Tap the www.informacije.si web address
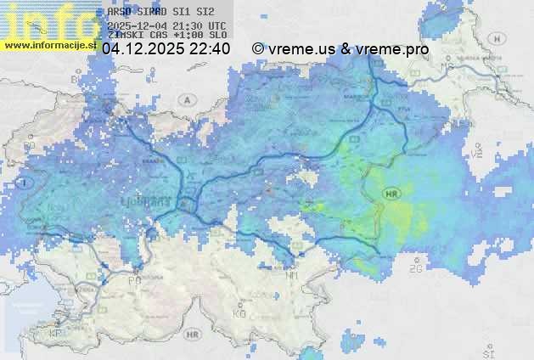[x=48, y=45]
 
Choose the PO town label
[x=134, y=279]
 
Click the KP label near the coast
[x=56, y=334]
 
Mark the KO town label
[x=239, y=313]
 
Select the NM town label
[x=293, y=276]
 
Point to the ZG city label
[x=416, y=268]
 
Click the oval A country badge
[x=186, y=99]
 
